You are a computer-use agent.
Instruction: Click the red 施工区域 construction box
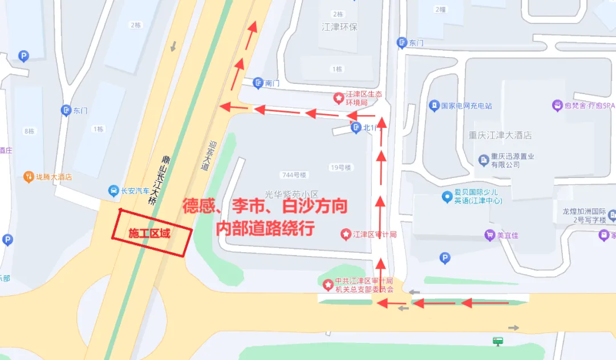click(x=150, y=233)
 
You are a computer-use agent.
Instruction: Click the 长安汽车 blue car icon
click(x=114, y=191)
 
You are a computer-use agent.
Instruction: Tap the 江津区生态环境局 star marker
click(x=339, y=98)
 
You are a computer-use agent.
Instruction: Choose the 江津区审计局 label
click(x=374, y=234)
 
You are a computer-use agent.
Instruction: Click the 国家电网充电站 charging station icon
click(x=434, y=106)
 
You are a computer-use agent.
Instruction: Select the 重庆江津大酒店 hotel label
click(x=500, y=135)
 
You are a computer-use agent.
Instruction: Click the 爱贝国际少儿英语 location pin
click(x=447, y=197)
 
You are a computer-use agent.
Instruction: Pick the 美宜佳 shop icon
click(x=489, y=234)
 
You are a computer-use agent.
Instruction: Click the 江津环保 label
click(x=339, y=27)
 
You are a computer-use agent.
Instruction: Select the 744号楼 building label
click(x=294, y=175)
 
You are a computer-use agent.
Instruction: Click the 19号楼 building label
click(x=341, y=167)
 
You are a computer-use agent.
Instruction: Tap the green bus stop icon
click(x=499, y=341)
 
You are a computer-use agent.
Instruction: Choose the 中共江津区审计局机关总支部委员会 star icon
click(x=327, y=284)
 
